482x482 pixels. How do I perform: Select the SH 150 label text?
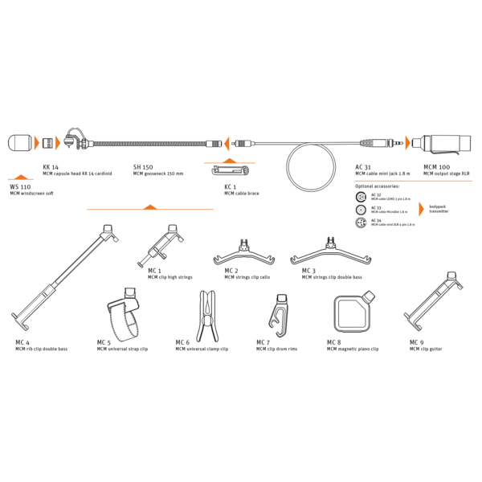(x=143, y=166)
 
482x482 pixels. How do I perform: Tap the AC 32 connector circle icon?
(x=363, y=196)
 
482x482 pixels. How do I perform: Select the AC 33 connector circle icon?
(x=363, y=209)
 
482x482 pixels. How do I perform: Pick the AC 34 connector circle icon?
(x=363, y=223)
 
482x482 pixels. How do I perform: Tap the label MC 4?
(x=22, y=342)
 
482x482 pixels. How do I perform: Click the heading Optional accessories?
(x=381, y=186)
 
